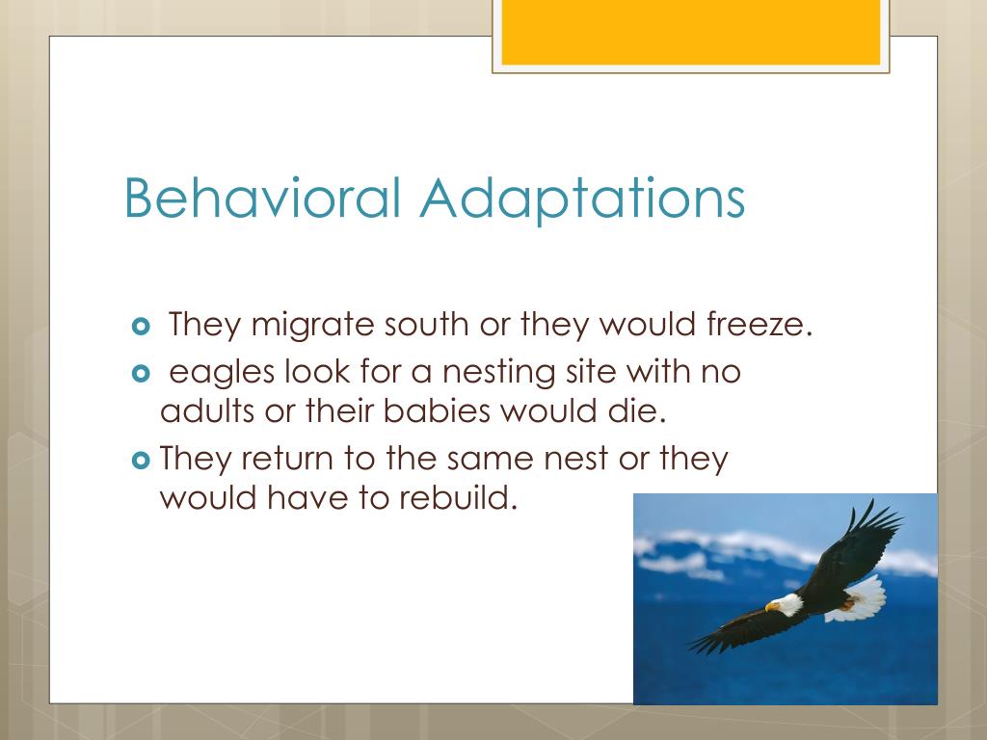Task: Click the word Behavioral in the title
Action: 260,198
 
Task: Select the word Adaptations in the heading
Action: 581,199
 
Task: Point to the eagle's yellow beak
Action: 770,607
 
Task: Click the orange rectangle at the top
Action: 691,32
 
